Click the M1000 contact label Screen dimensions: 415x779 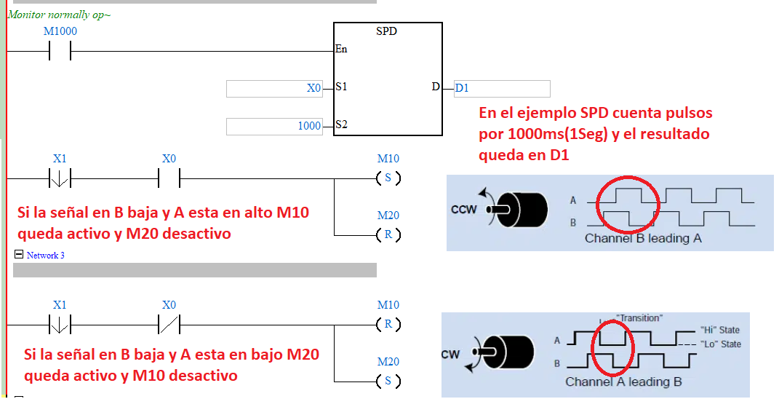coord(60,31)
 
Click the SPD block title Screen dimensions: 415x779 coord(386,31)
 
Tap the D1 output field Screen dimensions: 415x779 coord(502,88)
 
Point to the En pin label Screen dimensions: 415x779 coord(341,50)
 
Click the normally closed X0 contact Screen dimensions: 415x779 coord(169,323)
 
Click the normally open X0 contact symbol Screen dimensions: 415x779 coord(169,178)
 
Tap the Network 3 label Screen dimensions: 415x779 coord(46,256)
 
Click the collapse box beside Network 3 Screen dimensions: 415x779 coord(18,255)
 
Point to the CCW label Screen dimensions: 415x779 coord(463,210)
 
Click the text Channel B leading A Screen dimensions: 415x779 coord(643,238)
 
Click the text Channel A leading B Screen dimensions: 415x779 coord(623,382)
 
